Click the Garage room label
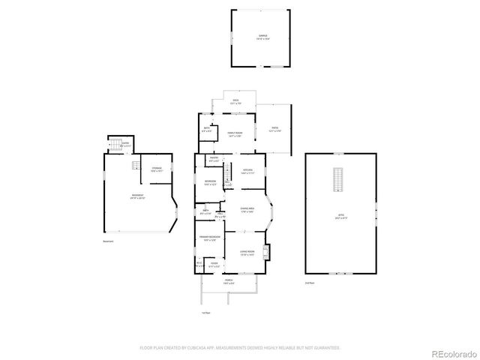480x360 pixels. pyautogui.click(x=262, y=36)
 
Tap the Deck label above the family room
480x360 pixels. pyautogui.click(x=235, y=101)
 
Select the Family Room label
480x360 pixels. pyautogui.click(x=234, y=134)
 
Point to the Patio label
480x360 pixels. pyautogui.click(x=275, y=129)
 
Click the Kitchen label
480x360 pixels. pyautogui.click(x=247, y=171)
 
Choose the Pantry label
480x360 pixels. pyautogui.click(x=213, y=159)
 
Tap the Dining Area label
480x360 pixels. pyautogui.click(x=247, y=209)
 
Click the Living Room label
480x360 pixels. pyautogui.click(x=247, y=253)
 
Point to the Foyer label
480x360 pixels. pyautogui.click(x=214, y=264)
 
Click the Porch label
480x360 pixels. pyautogui.click(x=229, y=281)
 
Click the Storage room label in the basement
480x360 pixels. pyautogui.click(x=157, y=169)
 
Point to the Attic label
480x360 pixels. pyautogui.click(x=341, y=216)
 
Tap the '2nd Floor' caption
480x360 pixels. pyautogui.click(x=309, y=283)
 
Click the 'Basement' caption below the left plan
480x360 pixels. pyautogui.click(x=109, y=241)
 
